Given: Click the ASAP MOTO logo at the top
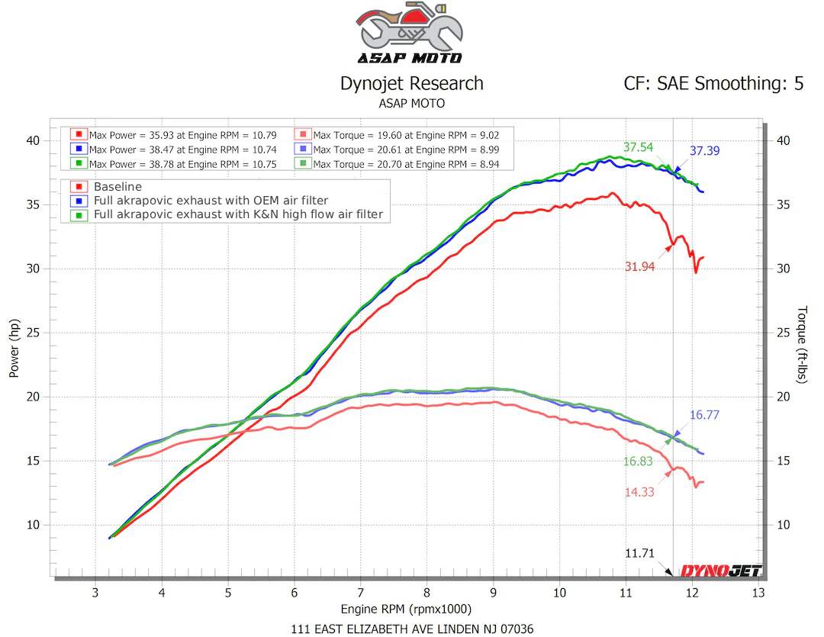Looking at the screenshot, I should click(411, 34).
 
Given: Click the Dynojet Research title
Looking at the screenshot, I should click(411, 83).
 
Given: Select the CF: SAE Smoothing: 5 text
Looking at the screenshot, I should click(713, 83).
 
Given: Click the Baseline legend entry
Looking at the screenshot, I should click(117, 186).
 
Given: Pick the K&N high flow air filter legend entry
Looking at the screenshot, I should click(237, 215).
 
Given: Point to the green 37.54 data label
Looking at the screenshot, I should click(638, 147).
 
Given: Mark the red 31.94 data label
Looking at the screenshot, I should click(639, 266).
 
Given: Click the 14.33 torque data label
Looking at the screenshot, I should click(639, 492).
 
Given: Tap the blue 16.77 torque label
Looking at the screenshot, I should click(706, 415).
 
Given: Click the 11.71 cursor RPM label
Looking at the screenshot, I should click(639, 553).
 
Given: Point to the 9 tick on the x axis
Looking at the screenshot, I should click(494, 592).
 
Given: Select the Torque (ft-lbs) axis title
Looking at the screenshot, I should click(802, 344).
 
